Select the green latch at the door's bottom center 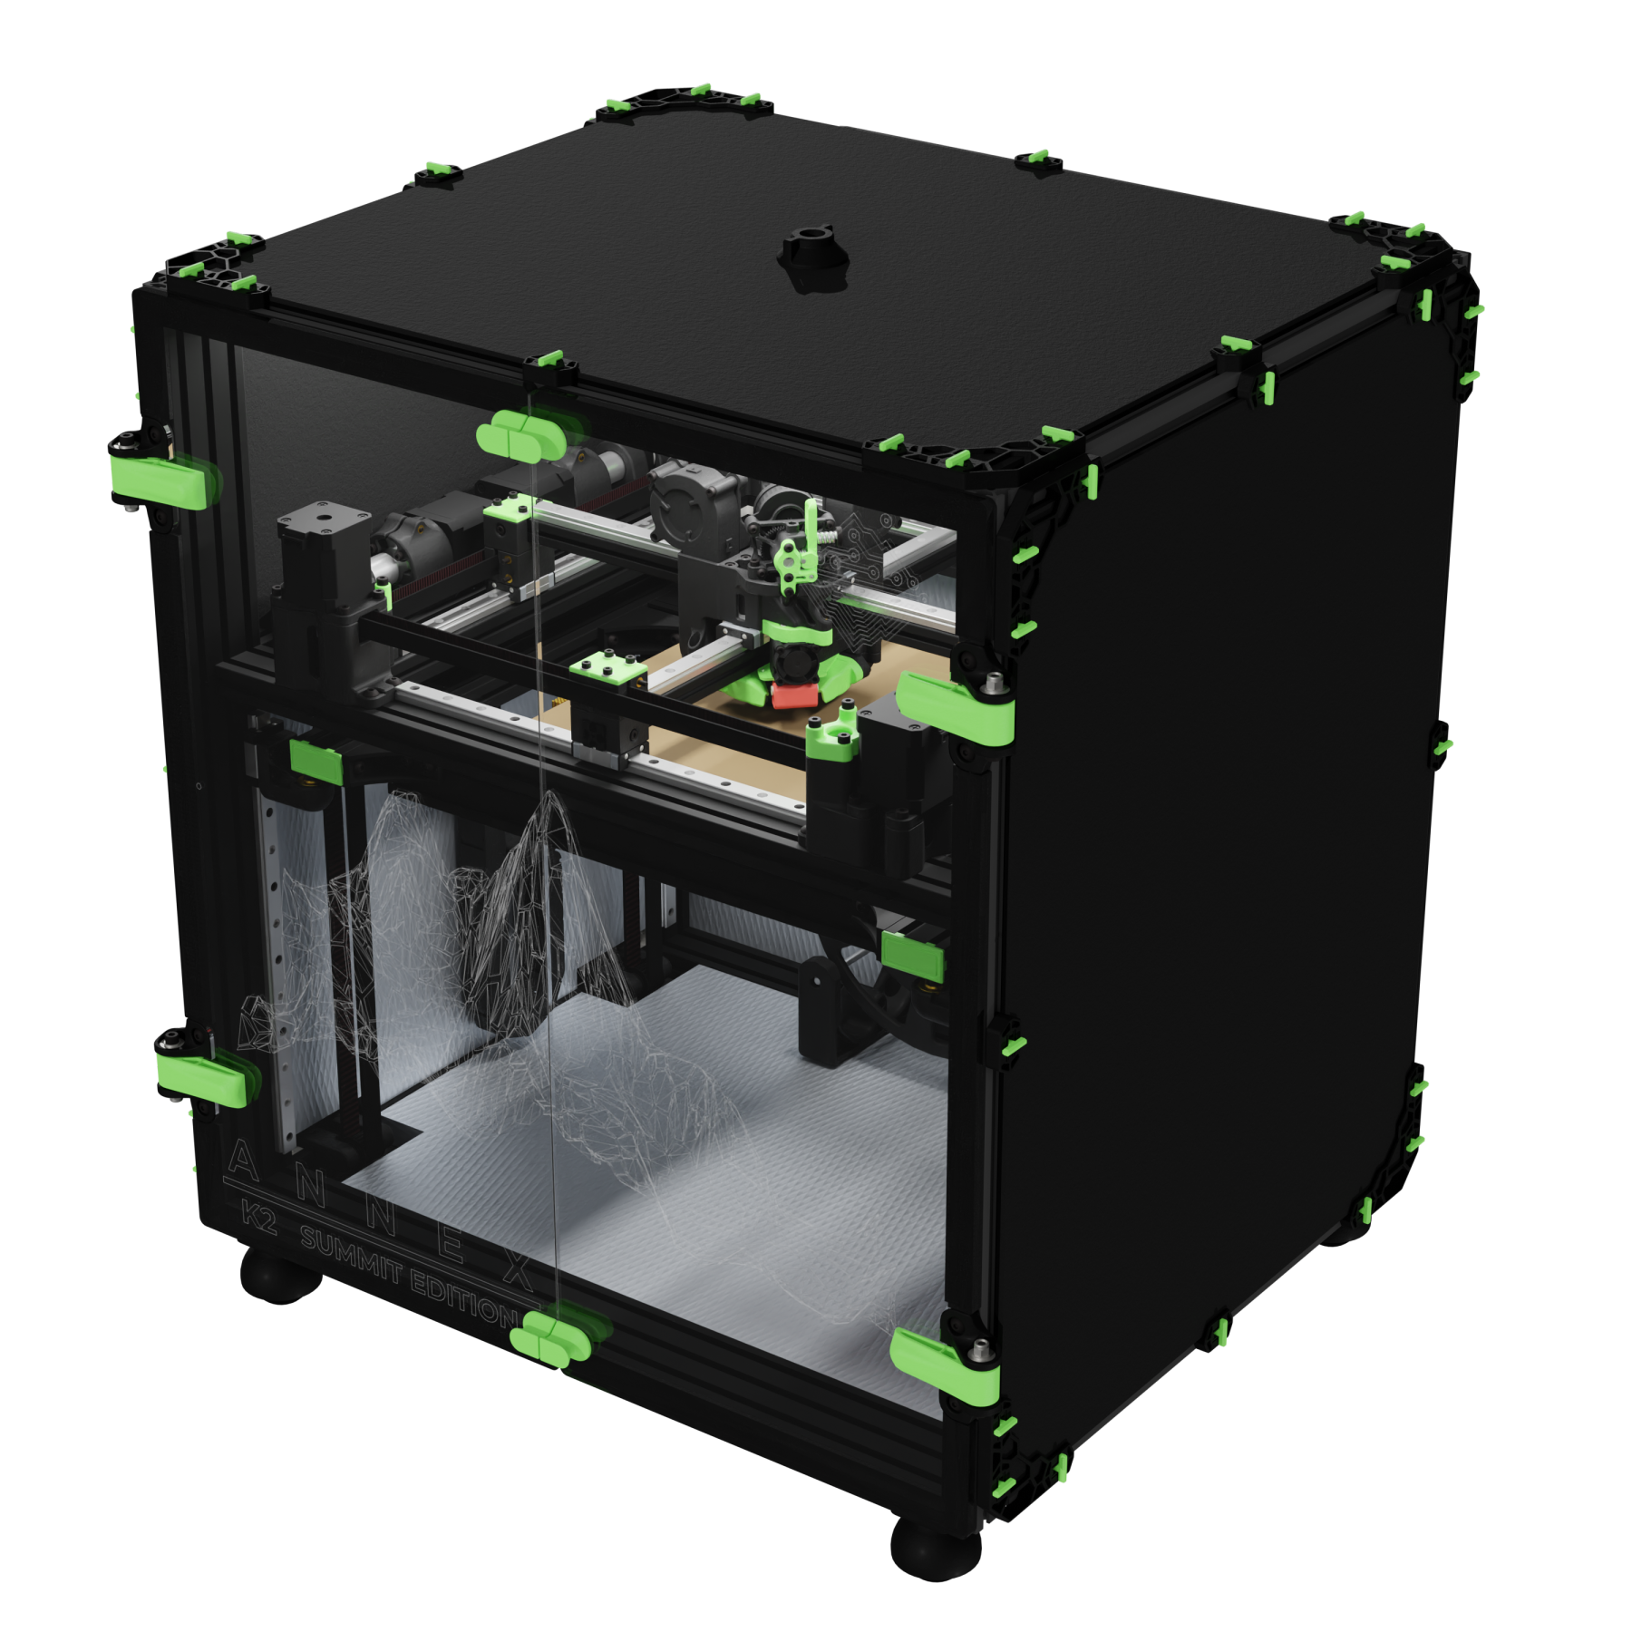(x=555, y=1336)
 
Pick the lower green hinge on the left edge (x=203, y=1077)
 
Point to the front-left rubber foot (x=280, y=1274)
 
